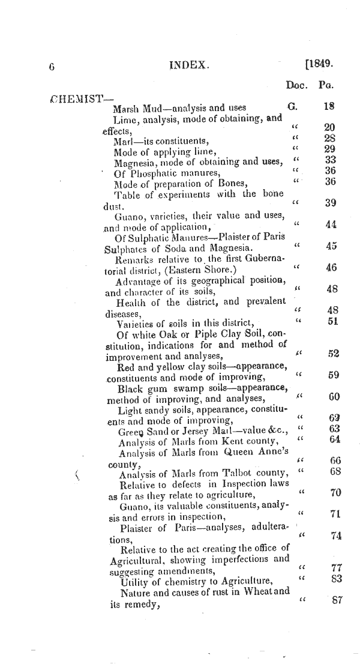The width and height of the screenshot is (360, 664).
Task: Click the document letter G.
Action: point(293,107)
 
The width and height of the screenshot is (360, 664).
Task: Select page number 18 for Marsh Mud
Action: point(328,107)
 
